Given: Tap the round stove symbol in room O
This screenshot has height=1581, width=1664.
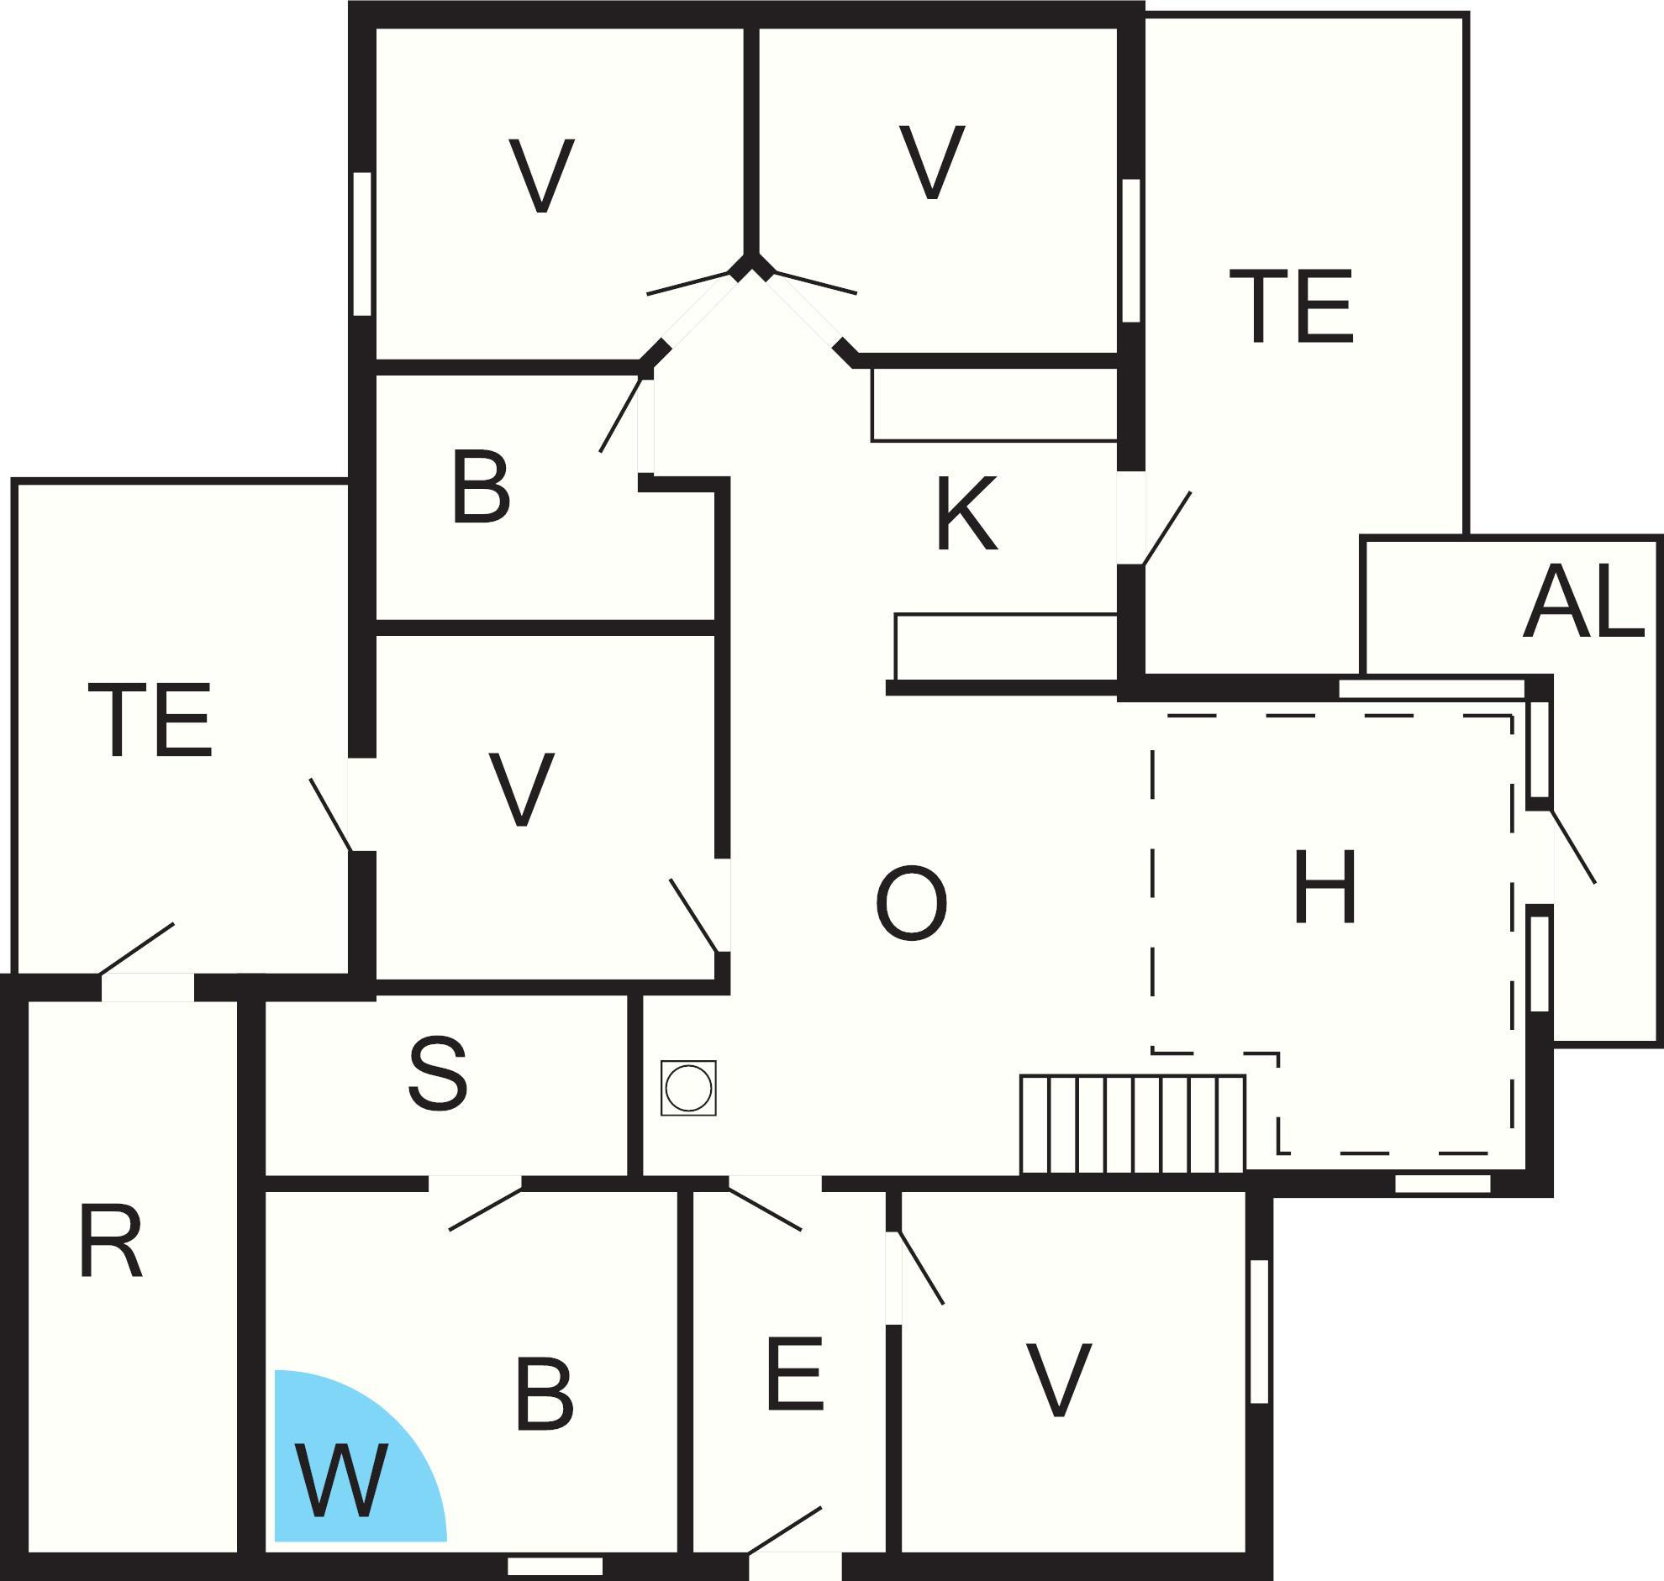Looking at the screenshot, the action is pos(687,1088).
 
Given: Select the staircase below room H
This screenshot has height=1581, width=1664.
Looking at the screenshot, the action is pos(1133,1124).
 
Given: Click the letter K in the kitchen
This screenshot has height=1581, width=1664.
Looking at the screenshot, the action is pos(966,513).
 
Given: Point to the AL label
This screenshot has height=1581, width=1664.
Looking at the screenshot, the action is pos(1583,601).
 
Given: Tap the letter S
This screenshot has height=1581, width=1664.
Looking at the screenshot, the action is pos(438,1073).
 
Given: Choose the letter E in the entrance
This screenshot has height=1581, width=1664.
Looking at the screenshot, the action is pos(795,1373).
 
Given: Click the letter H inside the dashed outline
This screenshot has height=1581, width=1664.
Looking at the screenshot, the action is pos(1324,885).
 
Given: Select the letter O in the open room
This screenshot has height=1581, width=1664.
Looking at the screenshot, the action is pos(911,903).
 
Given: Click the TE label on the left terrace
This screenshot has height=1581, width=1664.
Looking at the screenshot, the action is pos(150,720).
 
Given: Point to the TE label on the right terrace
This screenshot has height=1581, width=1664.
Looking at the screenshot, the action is pos(1291,306).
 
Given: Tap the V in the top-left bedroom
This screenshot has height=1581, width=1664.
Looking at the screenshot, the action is pos(541,176).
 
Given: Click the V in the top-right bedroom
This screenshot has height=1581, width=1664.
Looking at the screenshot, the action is pos(931,162).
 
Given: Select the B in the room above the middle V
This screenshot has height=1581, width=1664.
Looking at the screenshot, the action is pos(482,486).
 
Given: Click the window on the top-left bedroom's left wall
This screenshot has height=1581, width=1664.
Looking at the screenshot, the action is pos(362,244).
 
